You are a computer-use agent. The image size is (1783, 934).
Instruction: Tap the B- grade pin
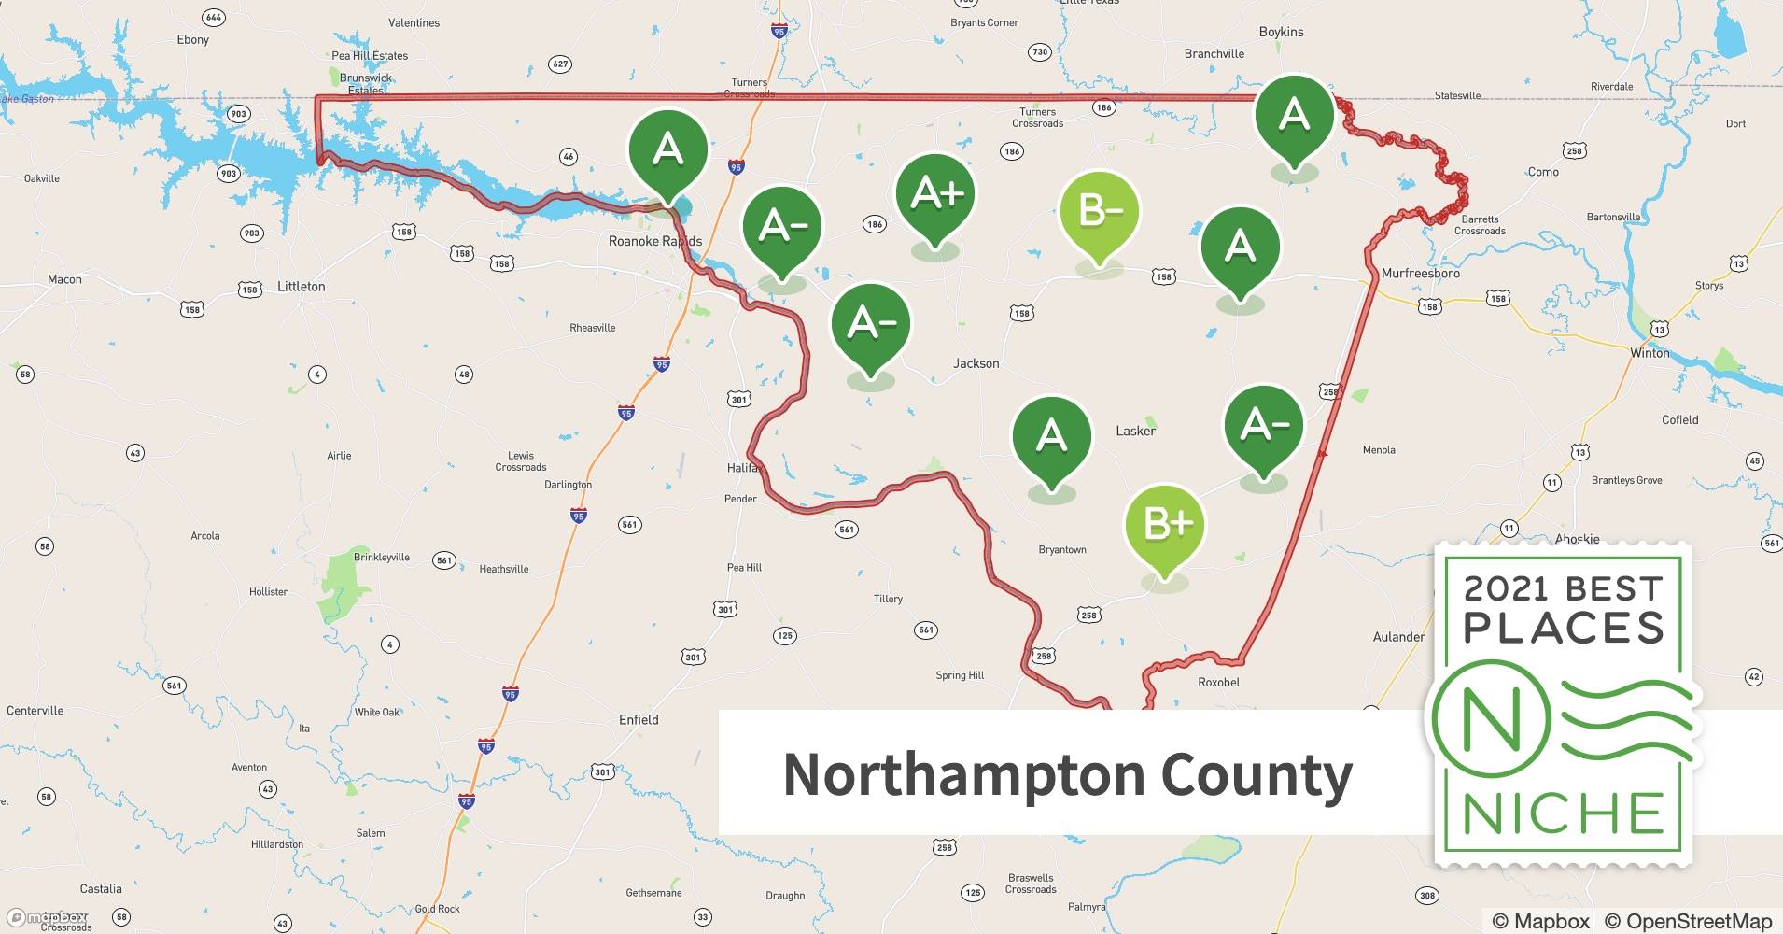(x=1100, y=212)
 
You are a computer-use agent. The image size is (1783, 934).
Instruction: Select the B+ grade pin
(x=1165, y=525)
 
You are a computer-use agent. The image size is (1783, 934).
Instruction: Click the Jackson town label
(x=976, y=363)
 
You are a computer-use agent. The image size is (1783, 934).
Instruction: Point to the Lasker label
(x=1135, y=431)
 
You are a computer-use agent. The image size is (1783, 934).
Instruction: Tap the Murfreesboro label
(x=1420, y=274)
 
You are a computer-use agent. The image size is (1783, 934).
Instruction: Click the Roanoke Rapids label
(x=654, y=241)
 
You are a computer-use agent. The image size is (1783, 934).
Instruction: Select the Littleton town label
(x=301, y=287)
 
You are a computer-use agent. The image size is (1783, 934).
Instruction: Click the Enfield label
(x=639, y=719)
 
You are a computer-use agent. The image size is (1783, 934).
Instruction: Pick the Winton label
(x=1649, y=353)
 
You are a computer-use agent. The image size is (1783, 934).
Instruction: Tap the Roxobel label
(x=1218, y=682)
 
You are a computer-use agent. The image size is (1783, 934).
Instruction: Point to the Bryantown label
(x=1062, y=549)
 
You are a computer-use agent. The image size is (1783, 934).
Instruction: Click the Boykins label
(x=1281, y=32)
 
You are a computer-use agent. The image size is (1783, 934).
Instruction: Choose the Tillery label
(x=888, y=599)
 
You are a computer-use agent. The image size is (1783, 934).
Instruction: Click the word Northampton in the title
(x=964, y=775)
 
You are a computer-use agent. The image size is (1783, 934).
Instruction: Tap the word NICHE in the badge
(x=1563, y=814)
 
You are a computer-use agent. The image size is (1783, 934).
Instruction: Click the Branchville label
(x=1214, y=53)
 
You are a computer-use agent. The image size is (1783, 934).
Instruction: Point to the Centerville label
(x=35, y=710)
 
